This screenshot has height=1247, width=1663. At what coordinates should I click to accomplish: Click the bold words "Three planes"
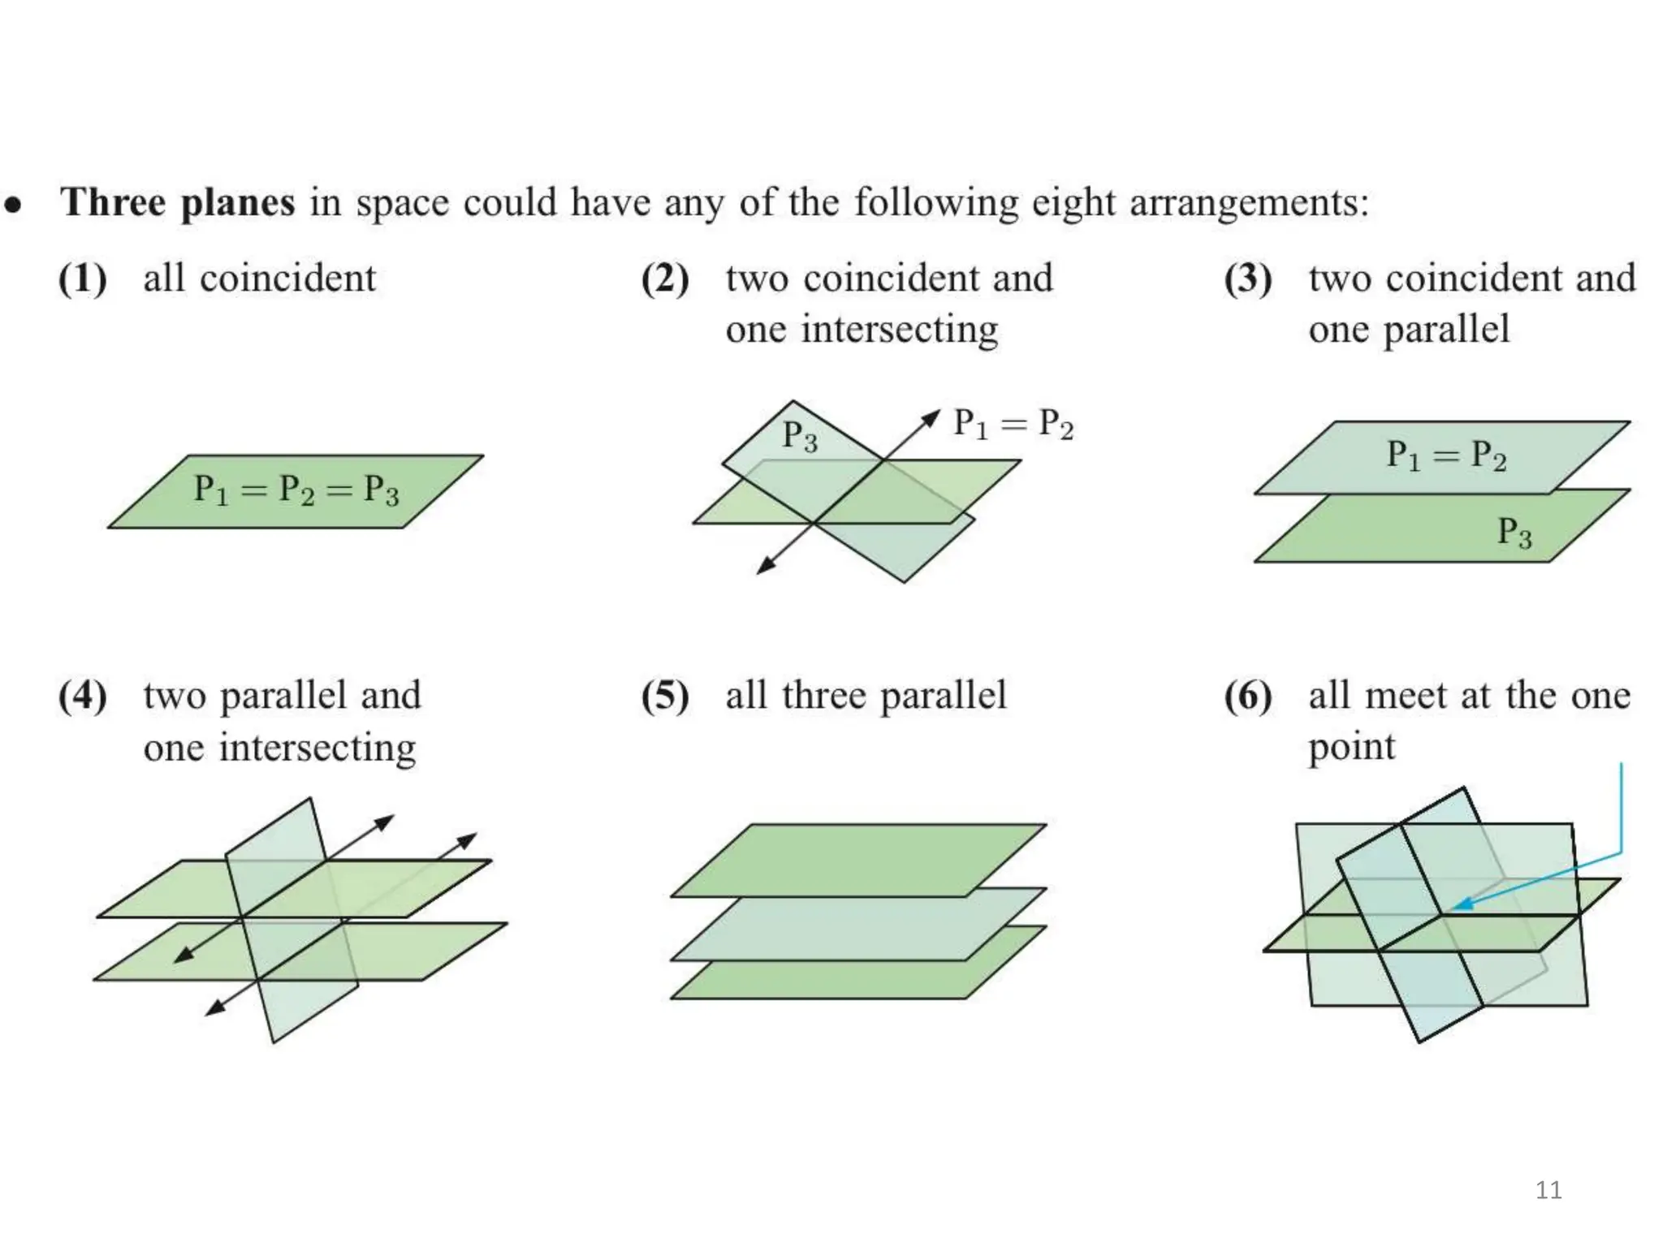point(178,203)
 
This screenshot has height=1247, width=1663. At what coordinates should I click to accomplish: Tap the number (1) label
point(83,279)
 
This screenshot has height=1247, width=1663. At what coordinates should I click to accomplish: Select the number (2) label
point(665,279)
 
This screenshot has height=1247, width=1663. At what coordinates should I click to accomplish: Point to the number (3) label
point(1248,279)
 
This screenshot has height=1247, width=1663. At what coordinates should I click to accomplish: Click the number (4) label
point(83,697)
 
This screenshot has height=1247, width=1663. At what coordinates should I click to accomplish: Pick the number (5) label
point(665,697)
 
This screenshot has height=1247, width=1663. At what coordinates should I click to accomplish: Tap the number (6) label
point(1248,697)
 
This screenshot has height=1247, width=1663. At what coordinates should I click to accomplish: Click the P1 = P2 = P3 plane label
point(296,490)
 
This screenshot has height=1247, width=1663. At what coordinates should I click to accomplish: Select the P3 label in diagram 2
point(800,436)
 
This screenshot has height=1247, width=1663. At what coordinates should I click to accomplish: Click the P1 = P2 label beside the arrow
point(1013,424)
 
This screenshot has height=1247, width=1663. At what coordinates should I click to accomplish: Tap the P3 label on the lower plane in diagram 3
point(1514,533)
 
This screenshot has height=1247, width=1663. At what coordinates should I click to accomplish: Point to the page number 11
point(1549,1190)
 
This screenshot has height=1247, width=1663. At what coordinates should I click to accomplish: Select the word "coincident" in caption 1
point(287,279)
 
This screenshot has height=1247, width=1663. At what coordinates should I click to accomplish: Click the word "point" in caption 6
point(1351,747)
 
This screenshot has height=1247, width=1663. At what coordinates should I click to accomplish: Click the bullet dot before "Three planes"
point(13,204)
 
